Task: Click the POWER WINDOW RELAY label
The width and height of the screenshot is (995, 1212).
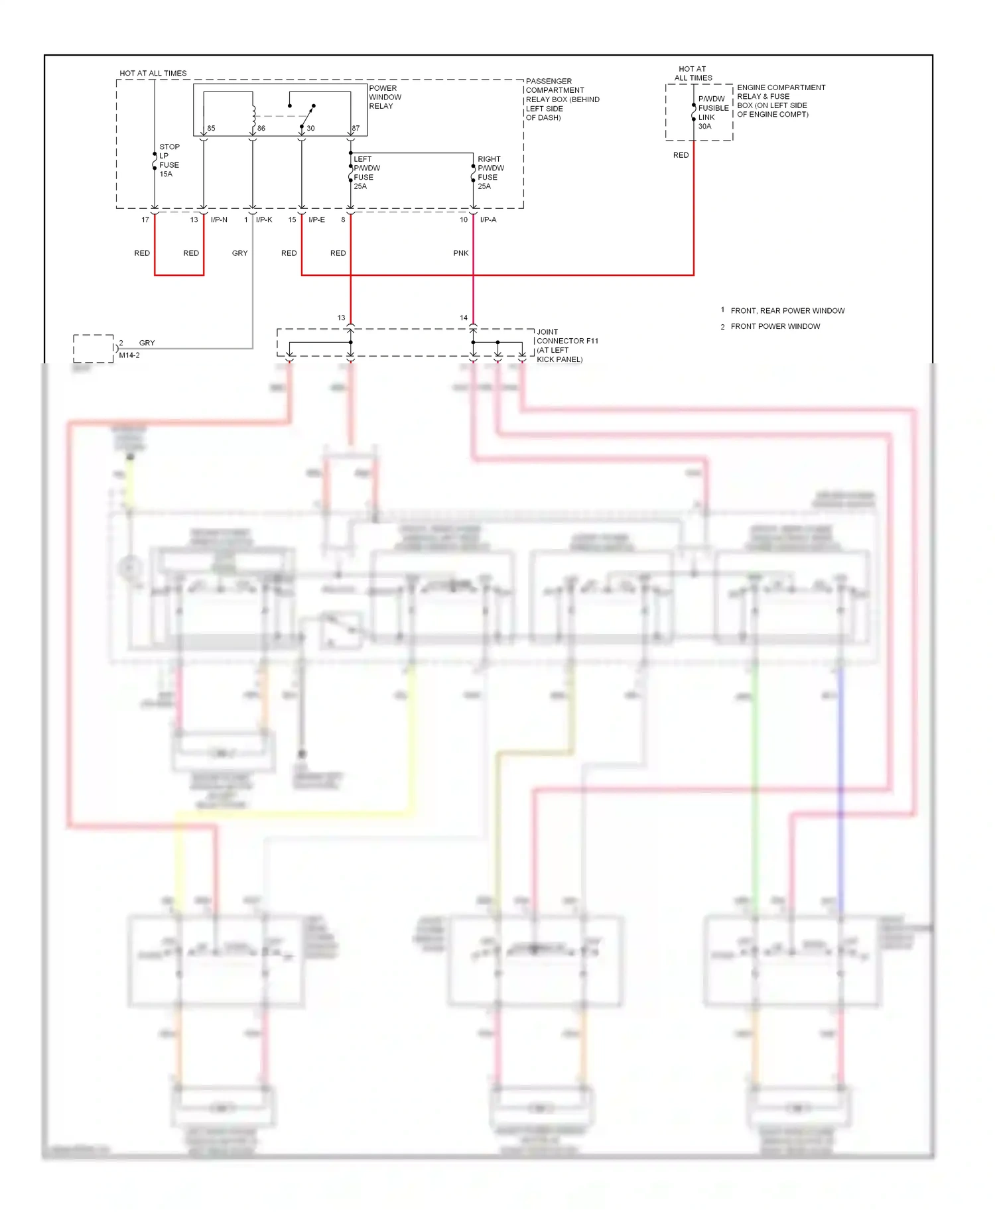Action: (385, 97)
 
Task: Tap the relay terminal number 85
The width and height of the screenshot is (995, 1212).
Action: (211, 129)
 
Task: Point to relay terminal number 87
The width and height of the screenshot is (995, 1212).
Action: (356, 129)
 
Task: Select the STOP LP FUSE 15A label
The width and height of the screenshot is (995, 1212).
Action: (169, 160)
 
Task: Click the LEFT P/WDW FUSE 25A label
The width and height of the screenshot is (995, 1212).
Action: (366, 172)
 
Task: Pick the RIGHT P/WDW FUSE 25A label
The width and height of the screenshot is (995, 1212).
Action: (490, 172)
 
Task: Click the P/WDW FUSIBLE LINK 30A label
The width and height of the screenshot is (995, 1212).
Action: (712, 113)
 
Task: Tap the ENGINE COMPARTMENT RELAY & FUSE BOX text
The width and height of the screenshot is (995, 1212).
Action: (780, 101)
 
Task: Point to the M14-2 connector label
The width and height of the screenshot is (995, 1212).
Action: (129, 355)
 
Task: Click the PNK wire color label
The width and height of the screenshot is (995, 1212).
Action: (461, 253)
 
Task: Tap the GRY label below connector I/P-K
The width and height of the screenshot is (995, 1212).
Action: (240, 253)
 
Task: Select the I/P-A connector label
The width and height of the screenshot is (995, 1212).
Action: (488, 220)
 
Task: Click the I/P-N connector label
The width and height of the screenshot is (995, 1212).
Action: (219, 220)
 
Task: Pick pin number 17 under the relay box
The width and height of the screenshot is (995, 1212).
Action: (145, 220)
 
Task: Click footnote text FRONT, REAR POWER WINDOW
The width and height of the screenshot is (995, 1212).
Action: (787, 311)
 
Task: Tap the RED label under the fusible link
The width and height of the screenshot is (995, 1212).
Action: (681, 155)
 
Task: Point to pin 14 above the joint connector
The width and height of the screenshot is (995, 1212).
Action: (464, 318)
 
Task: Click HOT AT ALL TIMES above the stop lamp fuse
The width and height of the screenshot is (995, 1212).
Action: (153, 74)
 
